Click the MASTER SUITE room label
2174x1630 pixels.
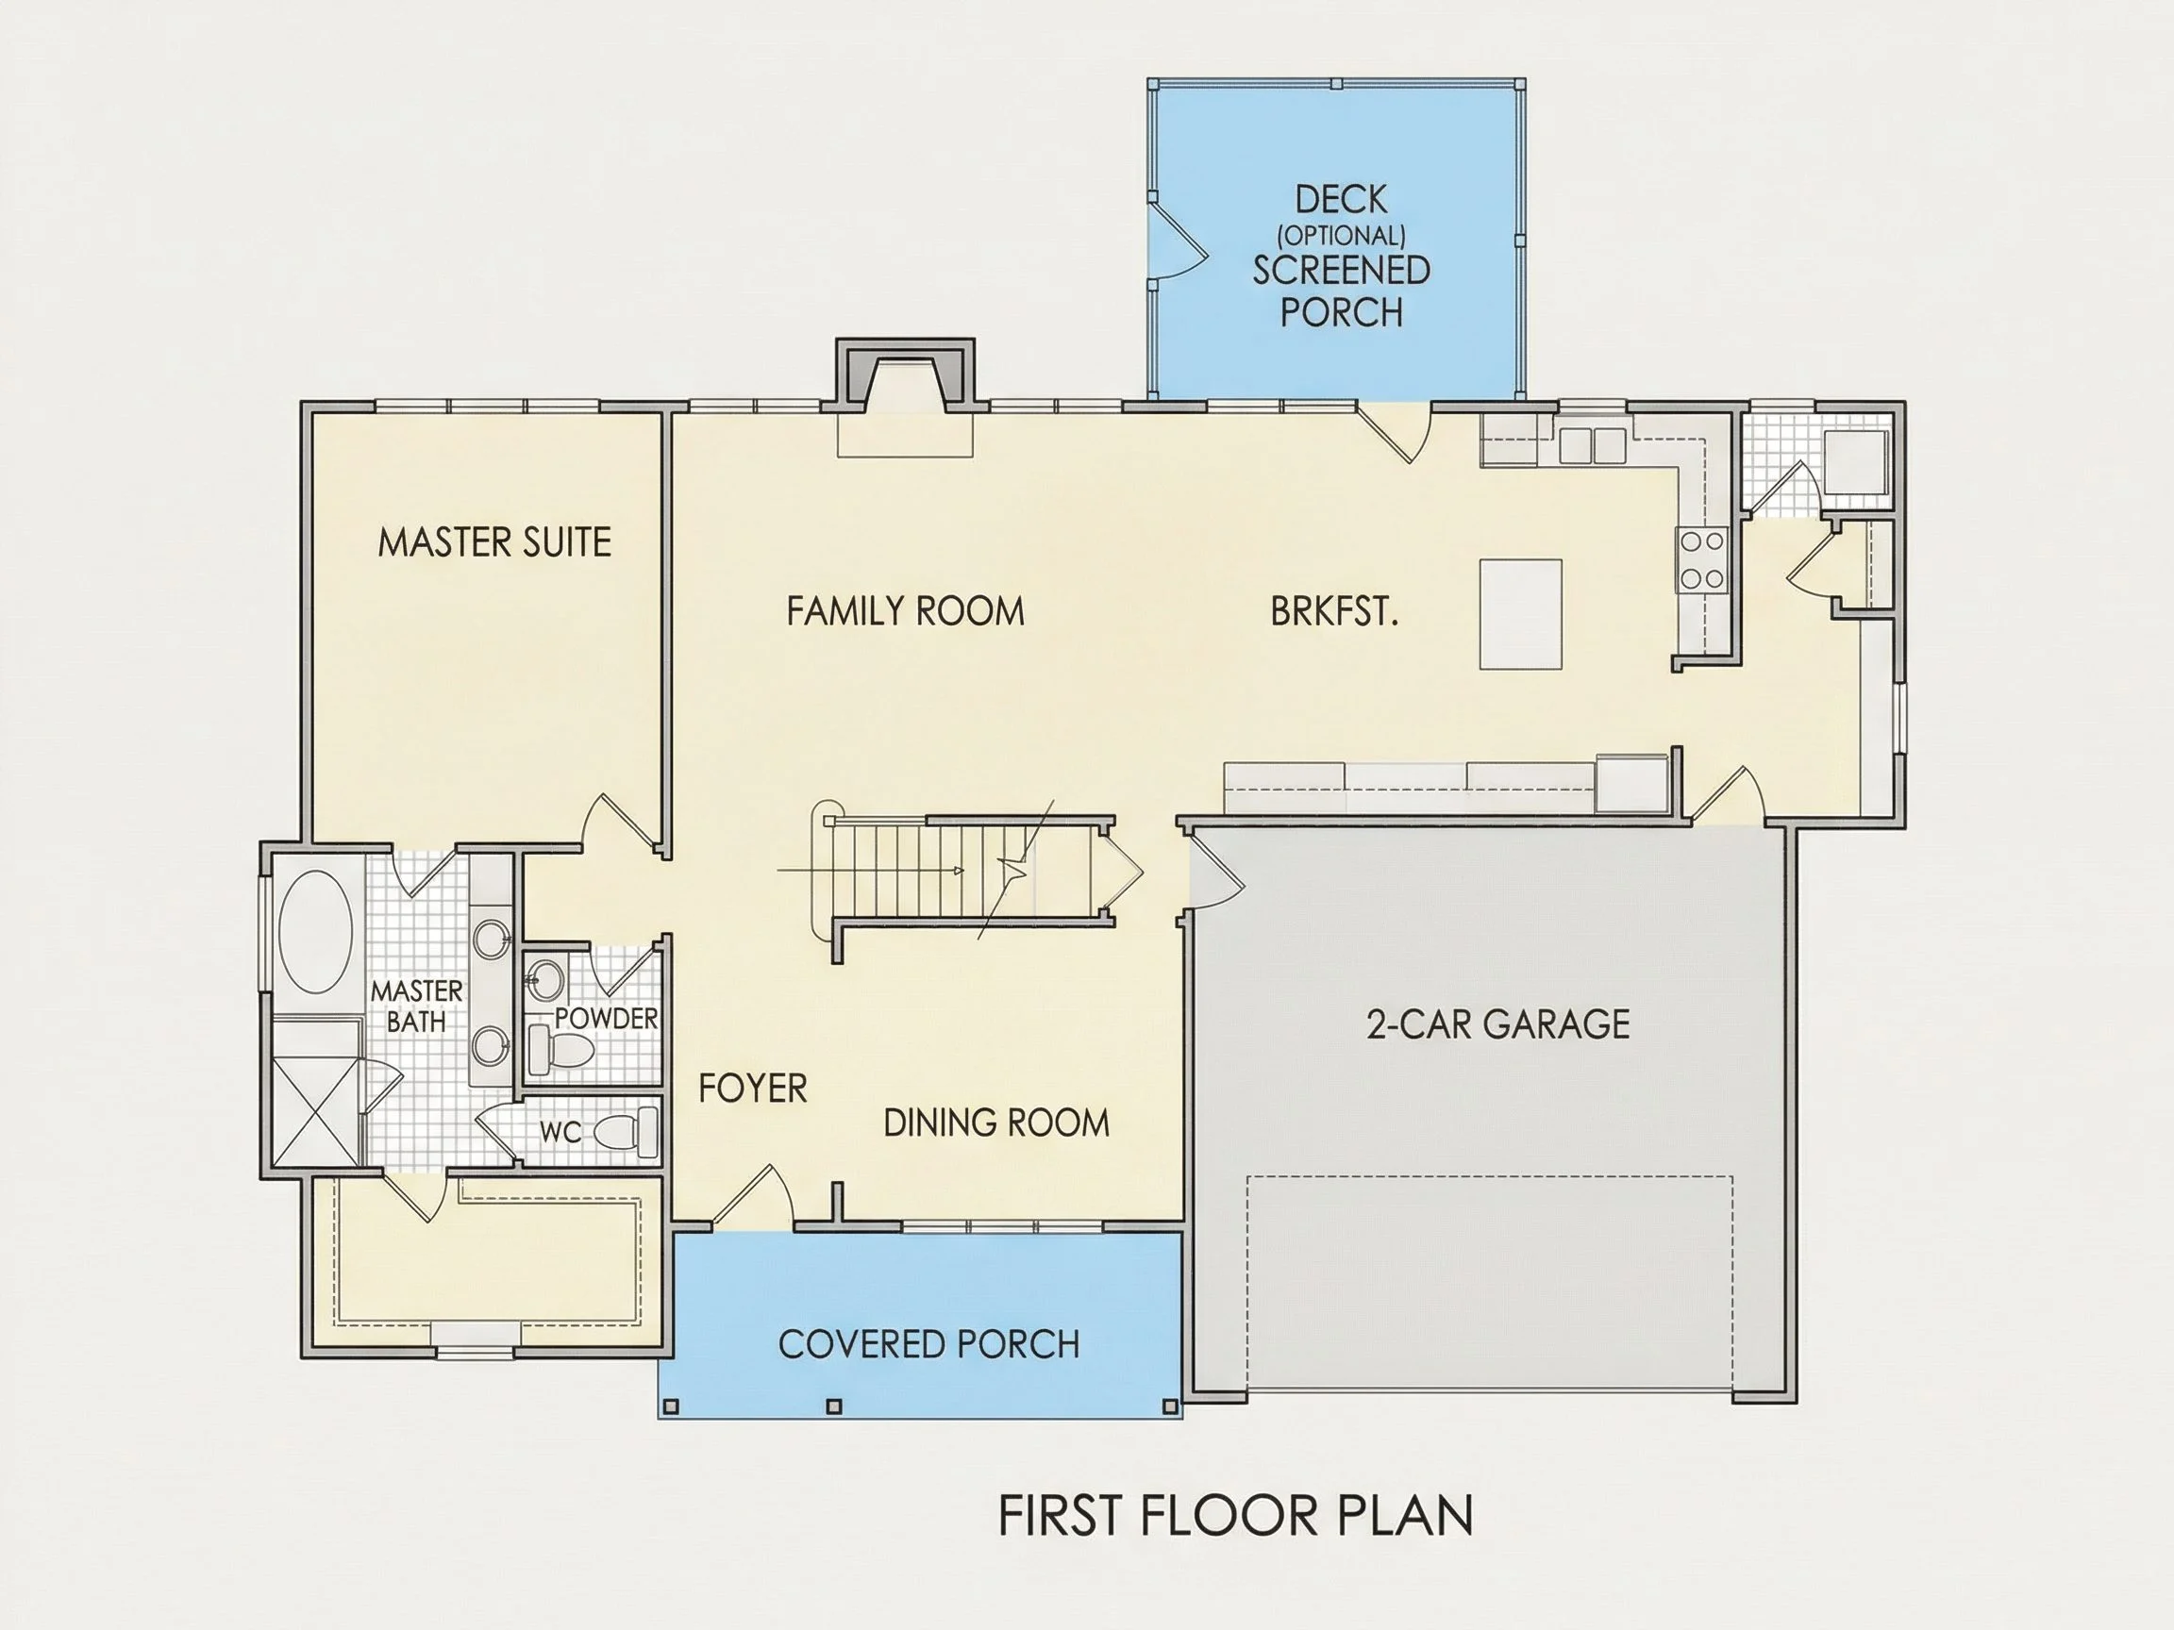[x=494, y=542]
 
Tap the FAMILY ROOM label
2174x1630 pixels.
[x=905, y=611]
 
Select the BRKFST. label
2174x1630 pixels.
[x=1333, y=612]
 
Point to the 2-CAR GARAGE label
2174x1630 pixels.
[x=1497, y=1024]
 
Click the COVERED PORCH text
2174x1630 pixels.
[x=928, y=1344]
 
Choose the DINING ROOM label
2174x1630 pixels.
[x=995, y=1122]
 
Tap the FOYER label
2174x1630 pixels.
[x=753, y=1088]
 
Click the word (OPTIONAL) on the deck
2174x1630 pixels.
[x=1341, y=236]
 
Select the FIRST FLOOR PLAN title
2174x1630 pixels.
[x=1235, y=1515]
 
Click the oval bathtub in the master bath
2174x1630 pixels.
[x=315, y=934]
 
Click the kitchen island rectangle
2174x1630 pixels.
[x=1520, y=614]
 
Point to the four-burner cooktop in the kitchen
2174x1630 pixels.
[x=1701, y=559]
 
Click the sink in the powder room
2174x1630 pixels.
[x=544, y=978]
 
